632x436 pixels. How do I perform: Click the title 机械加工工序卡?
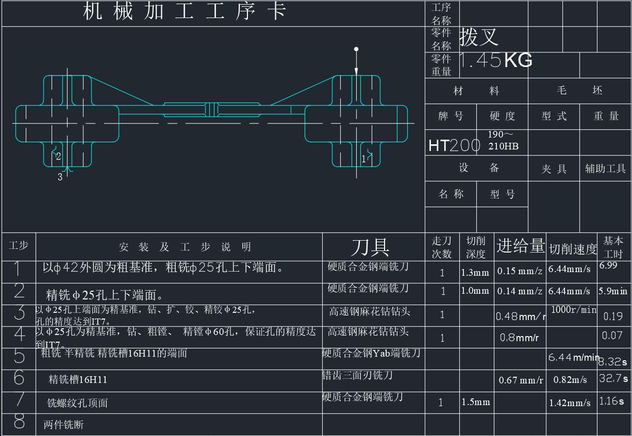point(185,11)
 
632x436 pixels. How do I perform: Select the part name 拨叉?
point(479,37)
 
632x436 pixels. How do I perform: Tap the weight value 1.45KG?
point(495,61)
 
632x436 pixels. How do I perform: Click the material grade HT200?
point(454,146)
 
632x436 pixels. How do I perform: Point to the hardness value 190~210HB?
point(503,140)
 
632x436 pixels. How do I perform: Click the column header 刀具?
point(370,247)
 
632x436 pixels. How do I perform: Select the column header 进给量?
point(520,246)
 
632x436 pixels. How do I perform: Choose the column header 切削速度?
point(572,249)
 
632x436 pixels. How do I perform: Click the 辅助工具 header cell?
point(605,169)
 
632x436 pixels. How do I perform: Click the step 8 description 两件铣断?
point(63,425)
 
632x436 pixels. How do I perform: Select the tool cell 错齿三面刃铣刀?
point(357,375)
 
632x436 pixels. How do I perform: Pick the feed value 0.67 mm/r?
point(521,380)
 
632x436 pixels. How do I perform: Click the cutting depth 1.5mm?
point(475,402)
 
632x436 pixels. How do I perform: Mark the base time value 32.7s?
point(613,378)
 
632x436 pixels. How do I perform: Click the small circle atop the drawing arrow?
point(356,49)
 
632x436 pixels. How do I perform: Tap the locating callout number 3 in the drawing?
point(60,177)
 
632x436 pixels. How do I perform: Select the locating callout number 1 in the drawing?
point(363,159)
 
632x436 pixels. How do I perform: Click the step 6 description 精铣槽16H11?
point(78,380)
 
